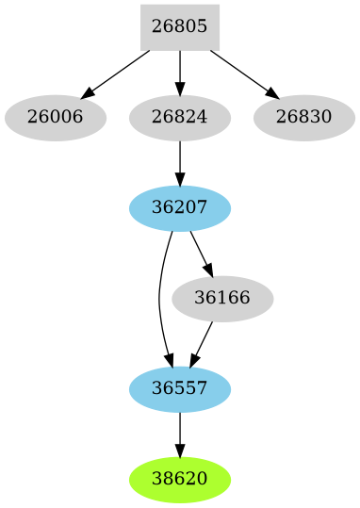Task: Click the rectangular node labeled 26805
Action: (179, 27)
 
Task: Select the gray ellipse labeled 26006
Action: (55, 118)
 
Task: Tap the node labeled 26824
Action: (179, 118)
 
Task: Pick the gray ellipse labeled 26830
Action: (303, 118)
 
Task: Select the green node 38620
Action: (179, 479)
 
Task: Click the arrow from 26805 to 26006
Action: (117, 73)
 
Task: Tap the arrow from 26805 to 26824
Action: (179, 72)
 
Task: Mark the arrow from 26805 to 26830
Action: (242, 73)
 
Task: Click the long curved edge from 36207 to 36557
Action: (159, 299)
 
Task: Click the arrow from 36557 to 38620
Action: (179, 434)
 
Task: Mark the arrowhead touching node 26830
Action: (272, 95)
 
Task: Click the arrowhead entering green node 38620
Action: (179, 451)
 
